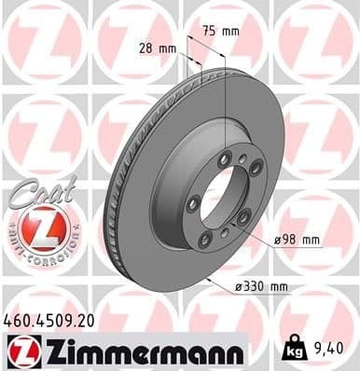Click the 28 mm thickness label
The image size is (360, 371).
[x=156, y=48]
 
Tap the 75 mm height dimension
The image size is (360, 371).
[x=221, y=31]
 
